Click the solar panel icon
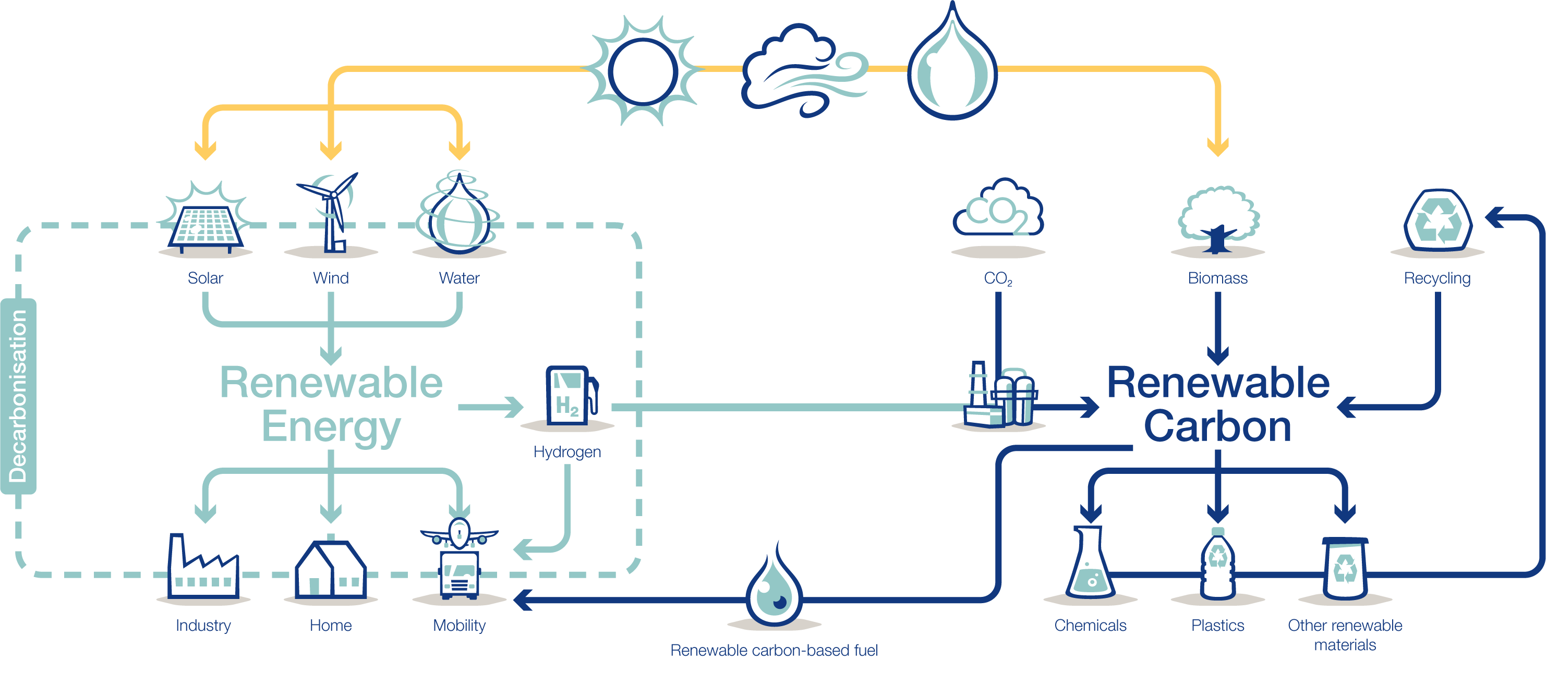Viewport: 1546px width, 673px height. [206, 225]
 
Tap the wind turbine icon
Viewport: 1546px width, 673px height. [331, 213]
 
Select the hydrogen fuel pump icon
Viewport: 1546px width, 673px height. [567, 396]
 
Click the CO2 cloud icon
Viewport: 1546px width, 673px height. [998, 210]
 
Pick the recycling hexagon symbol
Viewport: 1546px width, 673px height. [1438, 221]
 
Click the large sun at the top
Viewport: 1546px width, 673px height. [642, 71]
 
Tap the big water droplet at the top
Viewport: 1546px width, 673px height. [952, 66]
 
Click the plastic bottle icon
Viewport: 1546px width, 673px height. [1218, 564]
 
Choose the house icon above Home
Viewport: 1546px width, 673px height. [331, 569]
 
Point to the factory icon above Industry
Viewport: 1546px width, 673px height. [203, 567]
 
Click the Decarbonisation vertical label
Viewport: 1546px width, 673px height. [19, 396]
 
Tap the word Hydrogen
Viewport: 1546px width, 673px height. [567, 451]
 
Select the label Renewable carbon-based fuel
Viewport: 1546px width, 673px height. [774, 650]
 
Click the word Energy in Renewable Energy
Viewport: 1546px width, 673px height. [331, 427]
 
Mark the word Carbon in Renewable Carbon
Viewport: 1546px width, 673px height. [1218, 427]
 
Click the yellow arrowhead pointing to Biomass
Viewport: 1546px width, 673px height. [1218, 147]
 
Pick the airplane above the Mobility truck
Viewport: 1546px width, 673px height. [459, 531]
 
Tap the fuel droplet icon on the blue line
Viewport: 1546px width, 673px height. [774, 591]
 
